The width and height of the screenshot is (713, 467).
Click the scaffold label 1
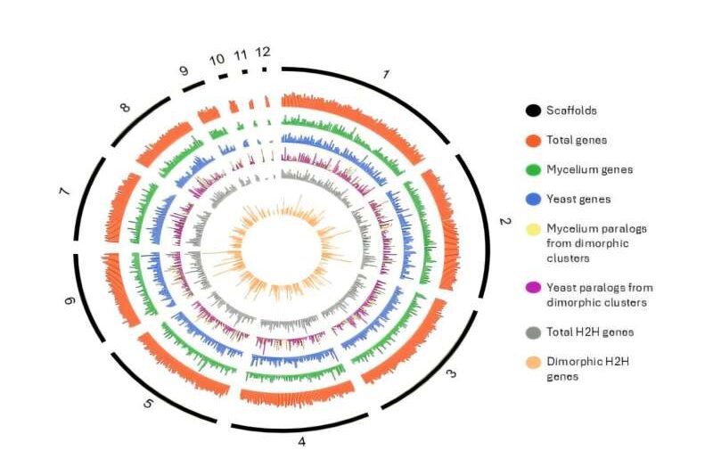point(385,75)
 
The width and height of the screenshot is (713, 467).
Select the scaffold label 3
point(451,373)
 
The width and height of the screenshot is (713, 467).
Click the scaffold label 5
point(149,403)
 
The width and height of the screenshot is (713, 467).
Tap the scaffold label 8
point(125,108)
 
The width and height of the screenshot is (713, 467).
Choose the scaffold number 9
point(184,70)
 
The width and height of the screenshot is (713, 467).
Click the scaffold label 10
point(217,59)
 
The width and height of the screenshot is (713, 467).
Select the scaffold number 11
point(241,54)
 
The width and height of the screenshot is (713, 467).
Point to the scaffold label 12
point(262,52)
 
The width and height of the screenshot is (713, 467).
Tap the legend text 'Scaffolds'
point(572,111)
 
